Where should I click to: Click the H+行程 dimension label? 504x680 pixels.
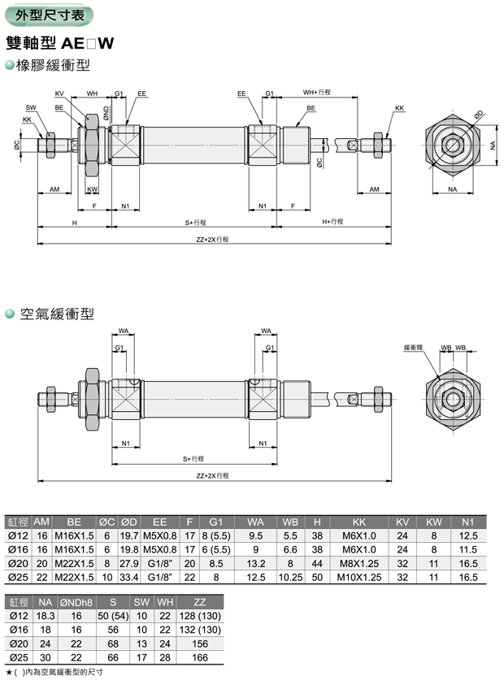pos(332,222)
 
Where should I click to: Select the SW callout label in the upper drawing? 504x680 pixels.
pos(30,107)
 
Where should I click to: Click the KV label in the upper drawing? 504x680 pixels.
pos(59,93)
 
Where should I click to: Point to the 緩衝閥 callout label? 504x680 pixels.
pos(414,347)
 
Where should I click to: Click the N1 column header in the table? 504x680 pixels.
pos(467,522)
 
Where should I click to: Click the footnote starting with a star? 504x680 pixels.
pos(54,673)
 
